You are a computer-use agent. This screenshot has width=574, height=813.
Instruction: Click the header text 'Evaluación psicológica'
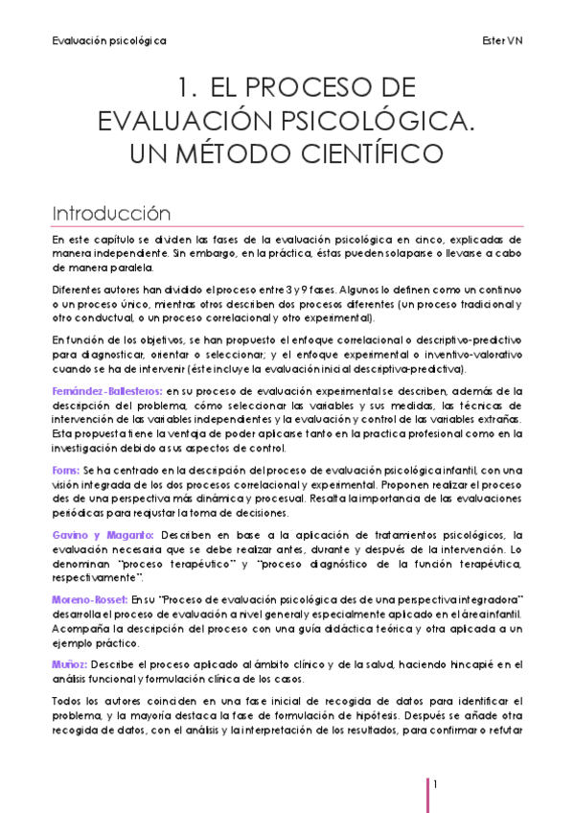click(108, 41)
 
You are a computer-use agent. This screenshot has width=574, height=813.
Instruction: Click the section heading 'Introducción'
click(111, 212)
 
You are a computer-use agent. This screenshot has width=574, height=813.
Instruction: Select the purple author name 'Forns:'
click(66, 469)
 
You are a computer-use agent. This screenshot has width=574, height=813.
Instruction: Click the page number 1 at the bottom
click(435, 785)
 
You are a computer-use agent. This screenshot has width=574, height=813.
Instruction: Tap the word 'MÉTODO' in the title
click(240, 153)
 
